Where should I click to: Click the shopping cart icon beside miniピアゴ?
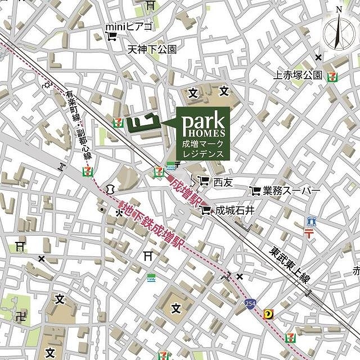click(111, 38)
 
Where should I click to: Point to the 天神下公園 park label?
click(151, 49)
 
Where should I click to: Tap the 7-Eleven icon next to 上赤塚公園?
click(334, 74)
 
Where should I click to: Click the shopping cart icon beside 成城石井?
click(205, 210)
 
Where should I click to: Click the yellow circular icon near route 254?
click(270, 315)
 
